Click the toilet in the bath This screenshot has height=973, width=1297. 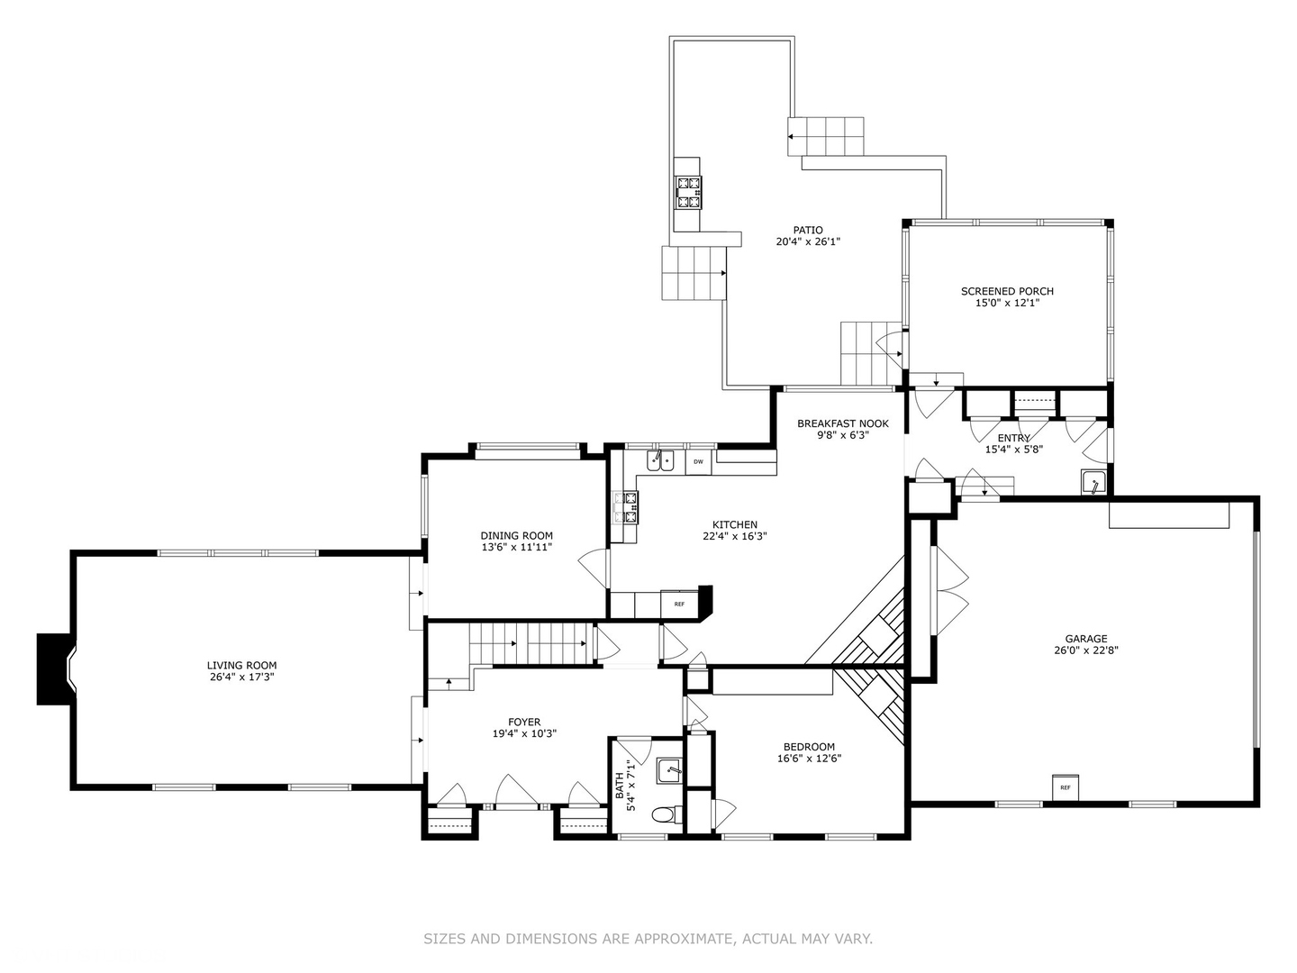click(667, 816)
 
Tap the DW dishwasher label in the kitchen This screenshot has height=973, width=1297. click(698, 462)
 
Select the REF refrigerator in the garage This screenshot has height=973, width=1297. click(1065, 787)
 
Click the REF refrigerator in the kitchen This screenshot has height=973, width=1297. click(679, 604)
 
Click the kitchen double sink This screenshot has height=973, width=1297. click(660, 460)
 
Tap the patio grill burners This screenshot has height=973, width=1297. click(689, 193)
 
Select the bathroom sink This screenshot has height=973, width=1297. click(669, 770)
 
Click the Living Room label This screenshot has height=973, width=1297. click(241, 665)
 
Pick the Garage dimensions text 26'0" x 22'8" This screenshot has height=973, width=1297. click(1086, 650)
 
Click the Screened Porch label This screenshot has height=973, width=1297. click(1007, 291)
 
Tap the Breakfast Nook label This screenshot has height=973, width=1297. click(843, 423)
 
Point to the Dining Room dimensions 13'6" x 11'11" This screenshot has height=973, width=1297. click(516, 547)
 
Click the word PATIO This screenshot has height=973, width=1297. click(808, 230)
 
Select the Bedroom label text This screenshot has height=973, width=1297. click(809, 747)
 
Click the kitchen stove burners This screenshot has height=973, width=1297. click(626, 508)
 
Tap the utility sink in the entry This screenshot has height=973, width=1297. click(1093, 482)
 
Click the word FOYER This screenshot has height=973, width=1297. click(524, 722)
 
